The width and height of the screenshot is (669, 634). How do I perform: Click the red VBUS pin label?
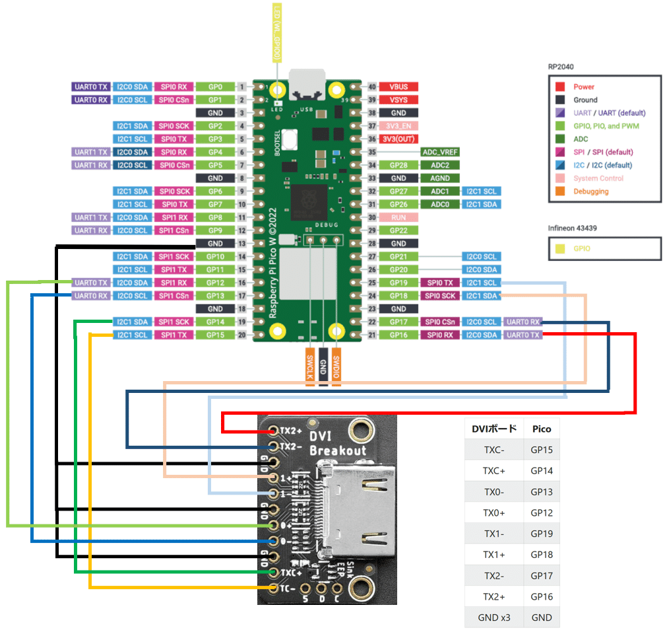398,87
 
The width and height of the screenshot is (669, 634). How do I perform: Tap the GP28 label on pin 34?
398,165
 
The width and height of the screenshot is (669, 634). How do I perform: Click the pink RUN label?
398,217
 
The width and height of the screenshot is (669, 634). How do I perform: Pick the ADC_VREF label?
440,152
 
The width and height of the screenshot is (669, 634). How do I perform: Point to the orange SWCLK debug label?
309,367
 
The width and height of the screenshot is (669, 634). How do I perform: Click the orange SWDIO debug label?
336,367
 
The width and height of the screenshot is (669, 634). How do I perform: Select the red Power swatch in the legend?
559,87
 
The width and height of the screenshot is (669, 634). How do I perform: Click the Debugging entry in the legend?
590,191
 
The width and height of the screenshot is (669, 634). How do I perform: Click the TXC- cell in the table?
494,450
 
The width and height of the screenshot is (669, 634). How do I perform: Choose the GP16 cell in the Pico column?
542,596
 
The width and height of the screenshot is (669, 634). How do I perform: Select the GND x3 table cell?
494,617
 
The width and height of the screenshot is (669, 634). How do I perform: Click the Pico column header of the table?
542,428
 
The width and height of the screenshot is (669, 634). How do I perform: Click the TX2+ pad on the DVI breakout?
272,431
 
